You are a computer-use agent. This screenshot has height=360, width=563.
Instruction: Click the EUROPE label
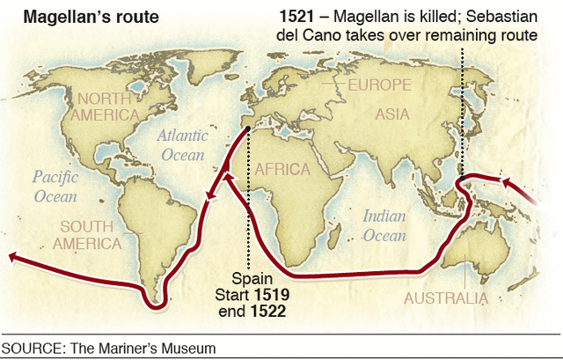pyautogui.click(x=379, y=85)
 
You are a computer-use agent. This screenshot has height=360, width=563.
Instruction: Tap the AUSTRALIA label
pyautogui.click(x=445, y=298)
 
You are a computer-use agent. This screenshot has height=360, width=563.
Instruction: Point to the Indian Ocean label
pyautogui.click(x=384, y=225)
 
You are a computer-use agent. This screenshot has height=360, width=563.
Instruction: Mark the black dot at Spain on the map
pyautogui.click(x=249, y=129)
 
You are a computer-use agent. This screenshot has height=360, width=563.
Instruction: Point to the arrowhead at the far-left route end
pyautogui.click(x=11, y=257)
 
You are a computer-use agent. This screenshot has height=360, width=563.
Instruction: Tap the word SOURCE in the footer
pyautogui.click(x=29, y=349)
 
